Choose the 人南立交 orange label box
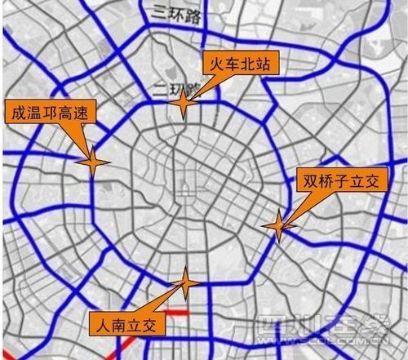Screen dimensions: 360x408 click(128, 324)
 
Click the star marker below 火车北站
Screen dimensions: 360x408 click(184, 104)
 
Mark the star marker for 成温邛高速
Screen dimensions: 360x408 click(93, 163)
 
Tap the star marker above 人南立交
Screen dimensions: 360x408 click(186, 283)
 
